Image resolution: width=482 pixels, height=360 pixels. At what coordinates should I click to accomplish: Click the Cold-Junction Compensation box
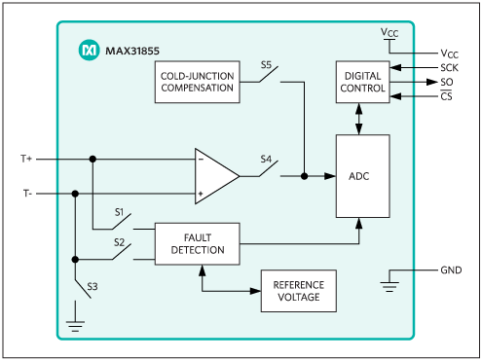[x=198, y=82]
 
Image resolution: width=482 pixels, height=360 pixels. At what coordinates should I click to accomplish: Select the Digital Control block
[x=362, y=82]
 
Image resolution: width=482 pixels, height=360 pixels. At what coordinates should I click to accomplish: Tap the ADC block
[x=362, y=176]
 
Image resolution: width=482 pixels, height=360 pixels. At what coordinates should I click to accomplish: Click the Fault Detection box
[x=198, y=244]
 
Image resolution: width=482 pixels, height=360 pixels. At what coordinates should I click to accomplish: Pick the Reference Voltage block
[x=299, y=291]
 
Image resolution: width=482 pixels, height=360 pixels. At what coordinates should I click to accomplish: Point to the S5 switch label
[x=266, y=65]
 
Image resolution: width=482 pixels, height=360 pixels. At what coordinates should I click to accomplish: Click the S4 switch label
[x=266, y=159]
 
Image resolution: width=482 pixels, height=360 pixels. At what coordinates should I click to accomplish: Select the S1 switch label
[x=119, y=212]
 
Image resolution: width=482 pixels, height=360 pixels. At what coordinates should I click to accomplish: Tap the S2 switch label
[x=119, y=242]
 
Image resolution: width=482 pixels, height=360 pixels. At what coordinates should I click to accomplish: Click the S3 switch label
[x=93, y=287]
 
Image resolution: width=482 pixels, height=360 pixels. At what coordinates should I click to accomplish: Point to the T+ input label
[x=26, y=159]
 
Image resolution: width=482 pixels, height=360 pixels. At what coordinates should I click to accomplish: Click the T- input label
[x=27, y=194]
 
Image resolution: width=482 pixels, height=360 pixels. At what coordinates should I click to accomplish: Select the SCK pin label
[x=449, y=68]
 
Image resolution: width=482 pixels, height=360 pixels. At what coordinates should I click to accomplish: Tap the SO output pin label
[x=447, y=82]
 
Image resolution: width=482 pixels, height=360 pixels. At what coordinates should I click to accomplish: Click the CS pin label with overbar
[x=446, y=96]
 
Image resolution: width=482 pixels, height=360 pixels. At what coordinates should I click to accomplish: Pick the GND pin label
[x=451, y=270]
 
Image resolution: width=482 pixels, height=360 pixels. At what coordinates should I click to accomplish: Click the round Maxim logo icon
[x=89, y=50]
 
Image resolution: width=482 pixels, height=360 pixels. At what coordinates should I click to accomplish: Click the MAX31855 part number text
[x=132, y=51]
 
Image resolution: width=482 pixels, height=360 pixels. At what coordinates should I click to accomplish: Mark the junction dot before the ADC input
[x=304, y=176]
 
